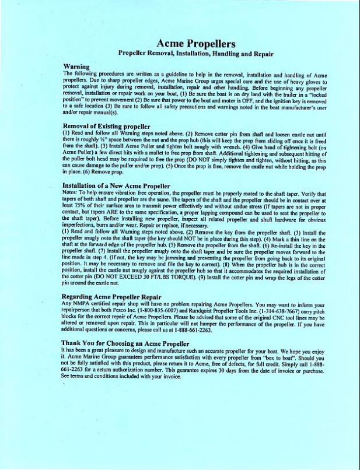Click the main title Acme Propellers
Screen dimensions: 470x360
[195, 43]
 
